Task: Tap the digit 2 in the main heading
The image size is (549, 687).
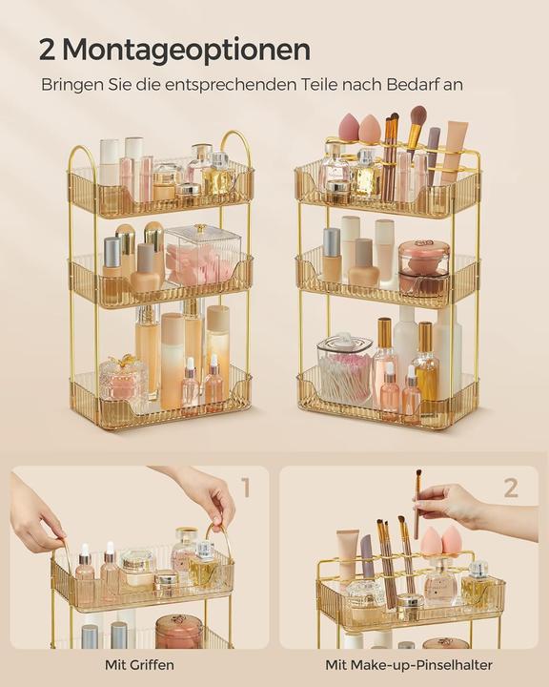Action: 50,50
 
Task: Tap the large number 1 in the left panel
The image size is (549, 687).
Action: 245,489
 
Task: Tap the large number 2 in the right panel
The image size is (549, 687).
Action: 511,489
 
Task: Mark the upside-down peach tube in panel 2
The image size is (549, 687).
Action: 348,553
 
